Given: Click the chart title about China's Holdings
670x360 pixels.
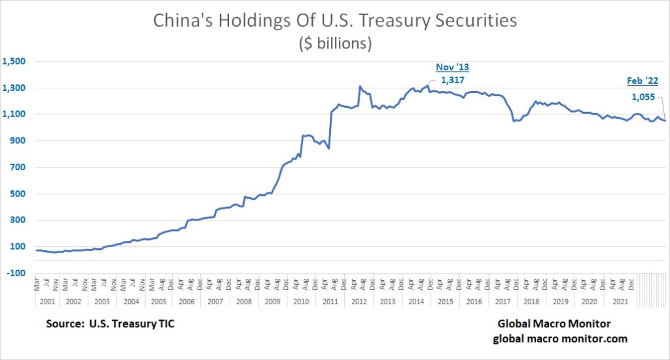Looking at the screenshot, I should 335,20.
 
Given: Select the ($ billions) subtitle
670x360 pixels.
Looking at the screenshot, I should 335,43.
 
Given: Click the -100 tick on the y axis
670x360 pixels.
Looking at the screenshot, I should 15,273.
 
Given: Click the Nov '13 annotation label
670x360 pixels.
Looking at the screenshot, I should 453,67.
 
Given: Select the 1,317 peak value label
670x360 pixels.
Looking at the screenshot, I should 453,81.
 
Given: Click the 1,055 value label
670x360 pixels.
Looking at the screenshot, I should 644,97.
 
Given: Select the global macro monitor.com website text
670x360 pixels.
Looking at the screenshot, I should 559,338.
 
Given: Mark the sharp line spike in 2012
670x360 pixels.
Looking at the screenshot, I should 360,86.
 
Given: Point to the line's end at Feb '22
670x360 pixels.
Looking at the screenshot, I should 665,120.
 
